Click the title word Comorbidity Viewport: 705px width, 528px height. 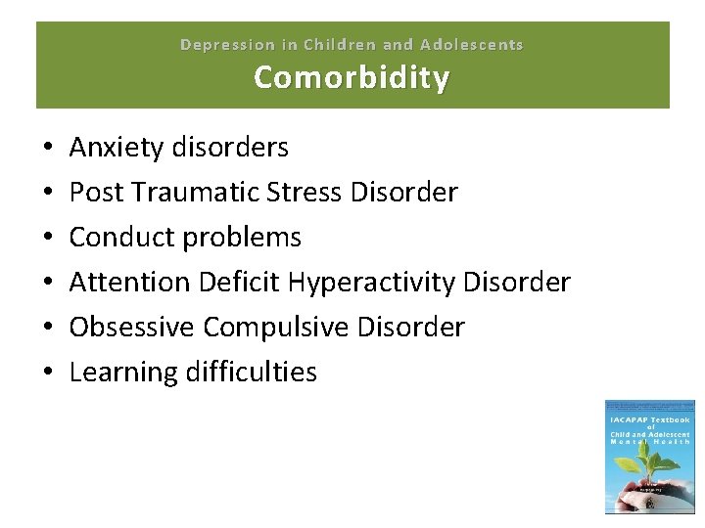pos(352,77)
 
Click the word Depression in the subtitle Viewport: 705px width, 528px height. pos(228,45)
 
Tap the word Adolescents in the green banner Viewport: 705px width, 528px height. pos(472,45)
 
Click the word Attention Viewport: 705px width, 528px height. pos(129,283)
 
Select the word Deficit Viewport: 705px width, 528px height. pos(239,283)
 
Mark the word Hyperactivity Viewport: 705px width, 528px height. pos(372,283)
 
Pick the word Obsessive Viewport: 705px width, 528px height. pos(132,328)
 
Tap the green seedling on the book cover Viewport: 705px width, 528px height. pos(650,470)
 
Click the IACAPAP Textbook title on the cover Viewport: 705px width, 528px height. pos(650,420)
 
